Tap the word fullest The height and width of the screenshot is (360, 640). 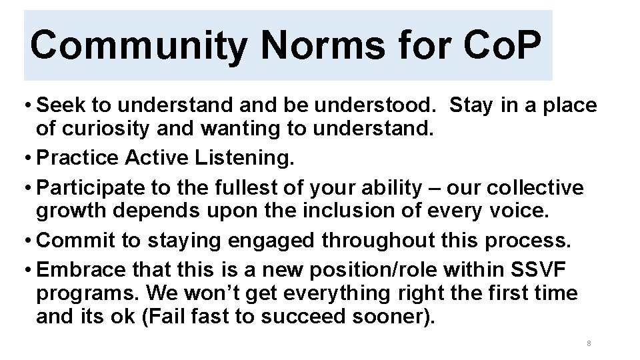[251, 189]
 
